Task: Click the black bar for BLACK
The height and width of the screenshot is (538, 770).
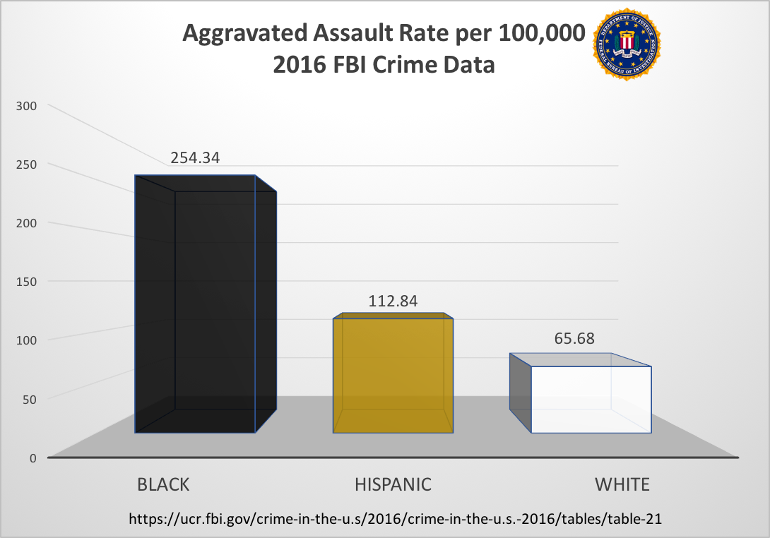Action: point(205,304)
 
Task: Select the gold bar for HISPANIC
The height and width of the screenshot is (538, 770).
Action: point(393,374)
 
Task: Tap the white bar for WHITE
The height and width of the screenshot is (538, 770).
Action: point(591,399)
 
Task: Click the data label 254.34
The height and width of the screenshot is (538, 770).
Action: point(195,157)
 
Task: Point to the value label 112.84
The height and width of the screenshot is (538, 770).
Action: point(393,301)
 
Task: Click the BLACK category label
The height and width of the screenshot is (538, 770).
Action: point(163,484)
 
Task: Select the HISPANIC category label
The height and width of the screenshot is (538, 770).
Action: point(393,484)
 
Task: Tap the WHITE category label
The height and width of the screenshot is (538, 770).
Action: point(622,484)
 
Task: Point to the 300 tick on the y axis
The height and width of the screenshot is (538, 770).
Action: point(27,105)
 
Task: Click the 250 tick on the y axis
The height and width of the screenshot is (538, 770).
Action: point(27,164)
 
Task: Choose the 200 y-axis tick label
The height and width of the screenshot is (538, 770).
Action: point(27,222)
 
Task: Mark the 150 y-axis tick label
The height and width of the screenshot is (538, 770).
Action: point(27,281)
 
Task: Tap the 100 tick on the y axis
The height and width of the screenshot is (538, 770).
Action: point(27,340)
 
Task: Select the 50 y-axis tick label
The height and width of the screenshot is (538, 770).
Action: point(30,398)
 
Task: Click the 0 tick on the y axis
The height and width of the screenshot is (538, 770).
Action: point(32,458)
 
